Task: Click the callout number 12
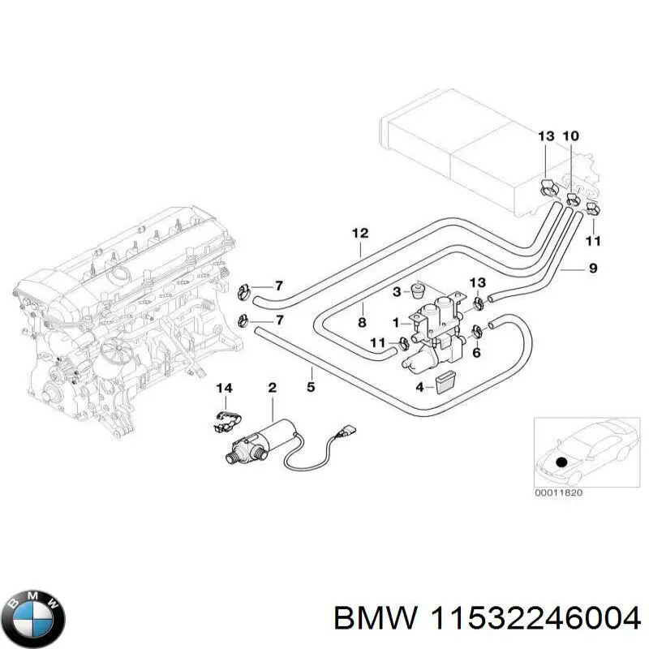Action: [x=360, y=234]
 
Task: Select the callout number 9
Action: [x=593, y=268]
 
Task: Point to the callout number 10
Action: [x=571, y=136]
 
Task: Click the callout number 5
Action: [x=311, y=387]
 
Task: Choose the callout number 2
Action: [x=272, y=389]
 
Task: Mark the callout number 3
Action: [x=396, y=291]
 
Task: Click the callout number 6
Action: [x=477, y=352]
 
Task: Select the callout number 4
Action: [x=419, y=387]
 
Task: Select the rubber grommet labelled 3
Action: [x=419, y=290]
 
